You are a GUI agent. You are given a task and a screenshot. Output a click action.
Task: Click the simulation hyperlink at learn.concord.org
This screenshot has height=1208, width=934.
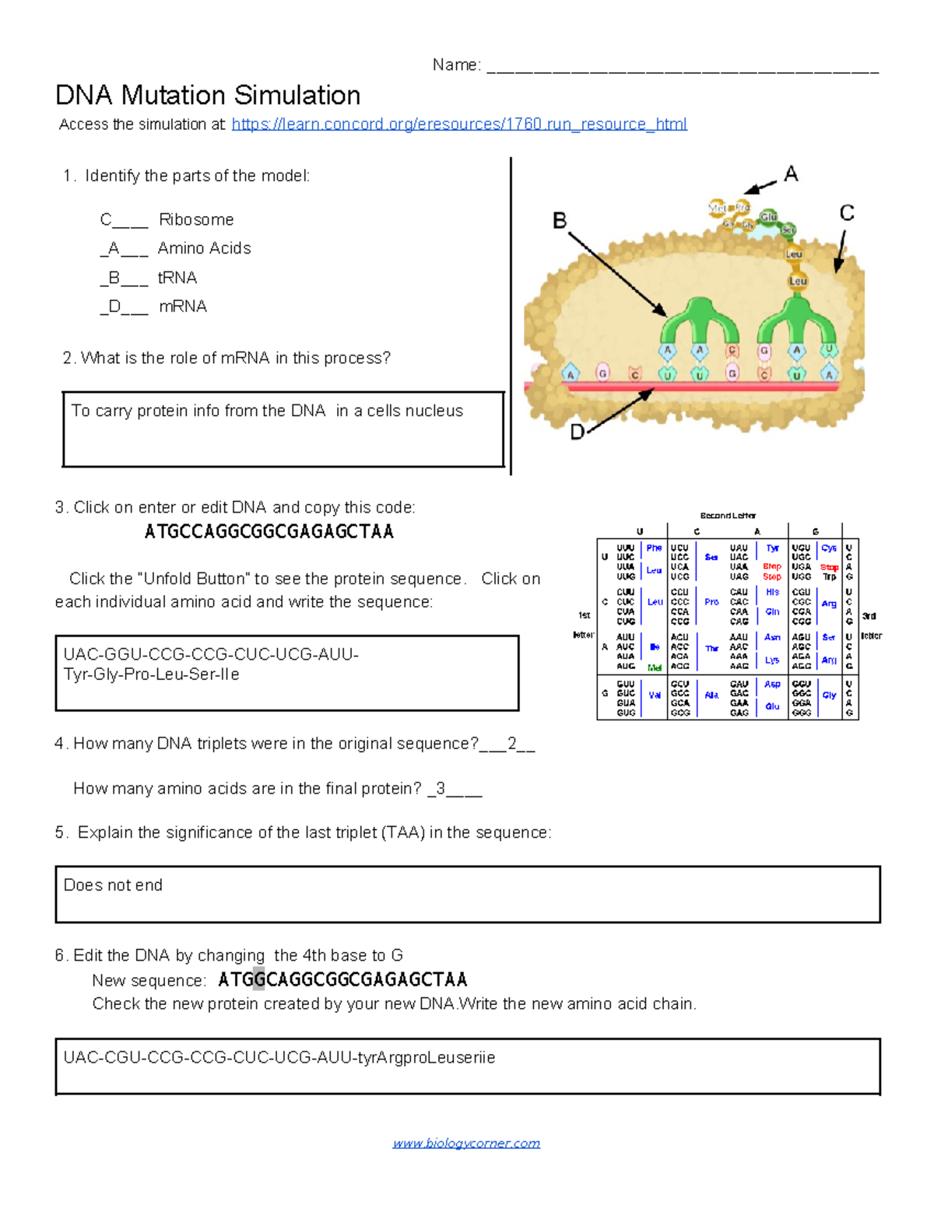point(458,124)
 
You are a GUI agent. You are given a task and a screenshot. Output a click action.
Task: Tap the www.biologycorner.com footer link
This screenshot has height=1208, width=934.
point(466,1143)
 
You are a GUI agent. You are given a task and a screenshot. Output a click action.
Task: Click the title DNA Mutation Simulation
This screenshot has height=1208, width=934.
point(208,96)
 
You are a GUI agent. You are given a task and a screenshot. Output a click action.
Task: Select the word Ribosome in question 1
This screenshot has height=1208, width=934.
point(196,219)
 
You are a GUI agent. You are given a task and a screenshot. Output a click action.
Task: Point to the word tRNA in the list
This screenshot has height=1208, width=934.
point(177,278)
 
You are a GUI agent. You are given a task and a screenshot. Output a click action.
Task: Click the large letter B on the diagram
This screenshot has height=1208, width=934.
point(560,221)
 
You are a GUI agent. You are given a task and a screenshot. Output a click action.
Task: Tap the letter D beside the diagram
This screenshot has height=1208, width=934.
point(577,432)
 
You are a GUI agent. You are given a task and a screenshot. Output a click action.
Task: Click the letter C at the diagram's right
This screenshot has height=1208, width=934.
point(847,213)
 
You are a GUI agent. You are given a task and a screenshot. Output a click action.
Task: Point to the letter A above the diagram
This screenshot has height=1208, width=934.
point(791,173)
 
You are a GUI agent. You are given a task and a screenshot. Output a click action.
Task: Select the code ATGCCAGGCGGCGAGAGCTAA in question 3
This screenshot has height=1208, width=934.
point(269,532)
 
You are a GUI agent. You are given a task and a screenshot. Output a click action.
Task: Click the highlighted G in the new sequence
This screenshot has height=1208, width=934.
point(258,979)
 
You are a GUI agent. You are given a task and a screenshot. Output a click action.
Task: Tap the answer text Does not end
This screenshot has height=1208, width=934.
point(113,885)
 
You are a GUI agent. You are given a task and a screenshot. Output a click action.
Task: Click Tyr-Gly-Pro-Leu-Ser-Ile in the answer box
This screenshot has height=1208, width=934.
point(151,674)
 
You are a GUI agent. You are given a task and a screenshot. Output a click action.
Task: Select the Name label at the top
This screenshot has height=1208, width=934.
point(456,65)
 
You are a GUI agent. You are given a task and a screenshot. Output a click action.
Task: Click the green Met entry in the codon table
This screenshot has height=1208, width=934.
point(655,667)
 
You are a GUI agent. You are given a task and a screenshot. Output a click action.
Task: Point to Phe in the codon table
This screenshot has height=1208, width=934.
point(654,548)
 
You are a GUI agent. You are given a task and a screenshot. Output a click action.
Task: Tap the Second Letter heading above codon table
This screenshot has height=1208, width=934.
point(728,516)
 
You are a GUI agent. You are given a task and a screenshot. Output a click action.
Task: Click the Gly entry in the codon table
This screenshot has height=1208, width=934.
point(829,695)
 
